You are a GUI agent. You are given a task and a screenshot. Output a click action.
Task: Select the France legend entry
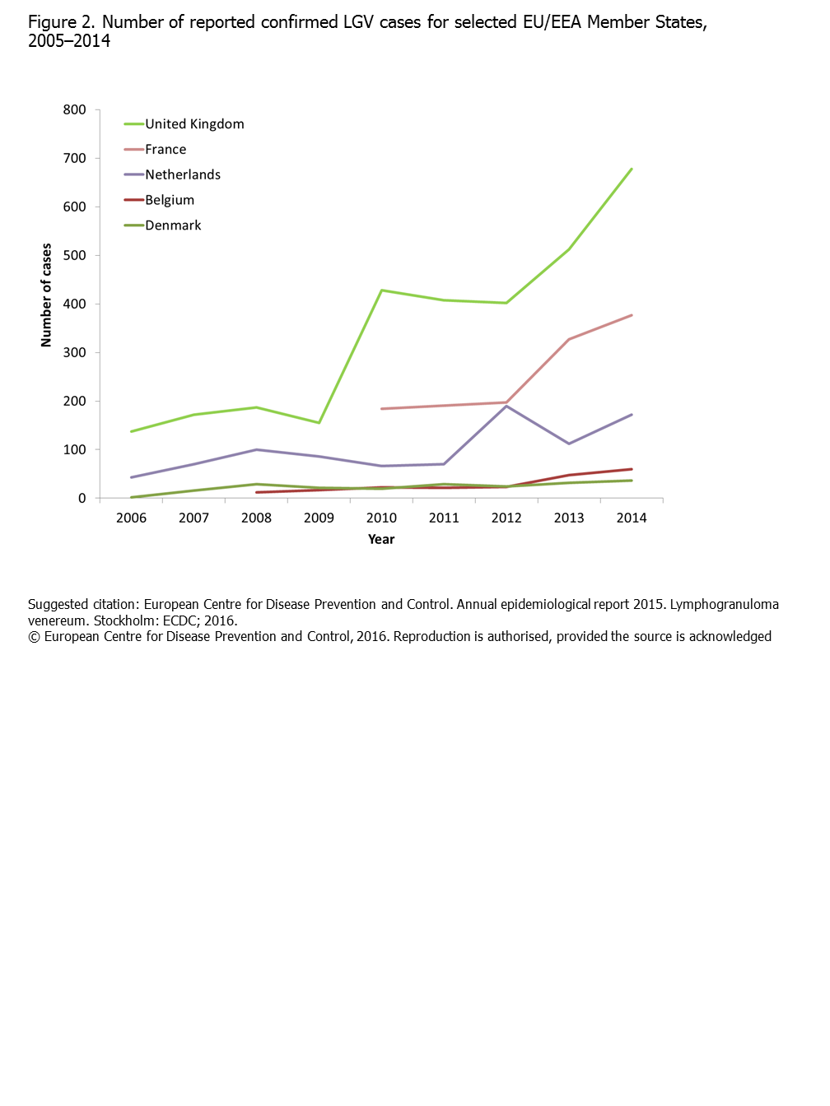tap(166, 150)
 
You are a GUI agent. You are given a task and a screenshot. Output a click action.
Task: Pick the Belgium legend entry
tap(170, 200)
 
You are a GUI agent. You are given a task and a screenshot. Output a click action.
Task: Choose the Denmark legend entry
tap(173, 225)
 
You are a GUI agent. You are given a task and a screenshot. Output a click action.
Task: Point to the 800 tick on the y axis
tap(74, 110)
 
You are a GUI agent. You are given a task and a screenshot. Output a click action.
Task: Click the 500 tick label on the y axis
tap(74, 256)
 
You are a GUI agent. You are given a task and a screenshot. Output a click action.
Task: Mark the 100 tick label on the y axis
tap(74, 450)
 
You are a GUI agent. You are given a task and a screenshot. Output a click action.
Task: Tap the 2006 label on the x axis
tap(131, 518)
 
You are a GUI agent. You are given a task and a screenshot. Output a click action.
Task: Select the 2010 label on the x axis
tap(381, 518)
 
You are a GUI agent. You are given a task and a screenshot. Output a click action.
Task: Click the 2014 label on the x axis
tap(632, 518)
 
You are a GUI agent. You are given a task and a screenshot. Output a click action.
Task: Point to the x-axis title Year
tap(381, 540)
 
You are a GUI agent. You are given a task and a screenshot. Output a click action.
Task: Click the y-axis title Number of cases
tap(47, 295)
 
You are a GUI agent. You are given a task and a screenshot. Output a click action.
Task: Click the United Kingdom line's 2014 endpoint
tap(632, 169)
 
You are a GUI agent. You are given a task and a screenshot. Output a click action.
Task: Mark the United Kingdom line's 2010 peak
tap(381, 290)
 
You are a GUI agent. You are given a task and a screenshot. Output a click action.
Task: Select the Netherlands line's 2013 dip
tap(569, 444)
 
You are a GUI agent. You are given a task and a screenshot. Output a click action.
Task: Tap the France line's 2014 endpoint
tap(632, 315)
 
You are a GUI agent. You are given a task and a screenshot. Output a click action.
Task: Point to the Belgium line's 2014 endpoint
tap(632, 469)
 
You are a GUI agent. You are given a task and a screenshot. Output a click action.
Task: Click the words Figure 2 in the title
tap(61, 23)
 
